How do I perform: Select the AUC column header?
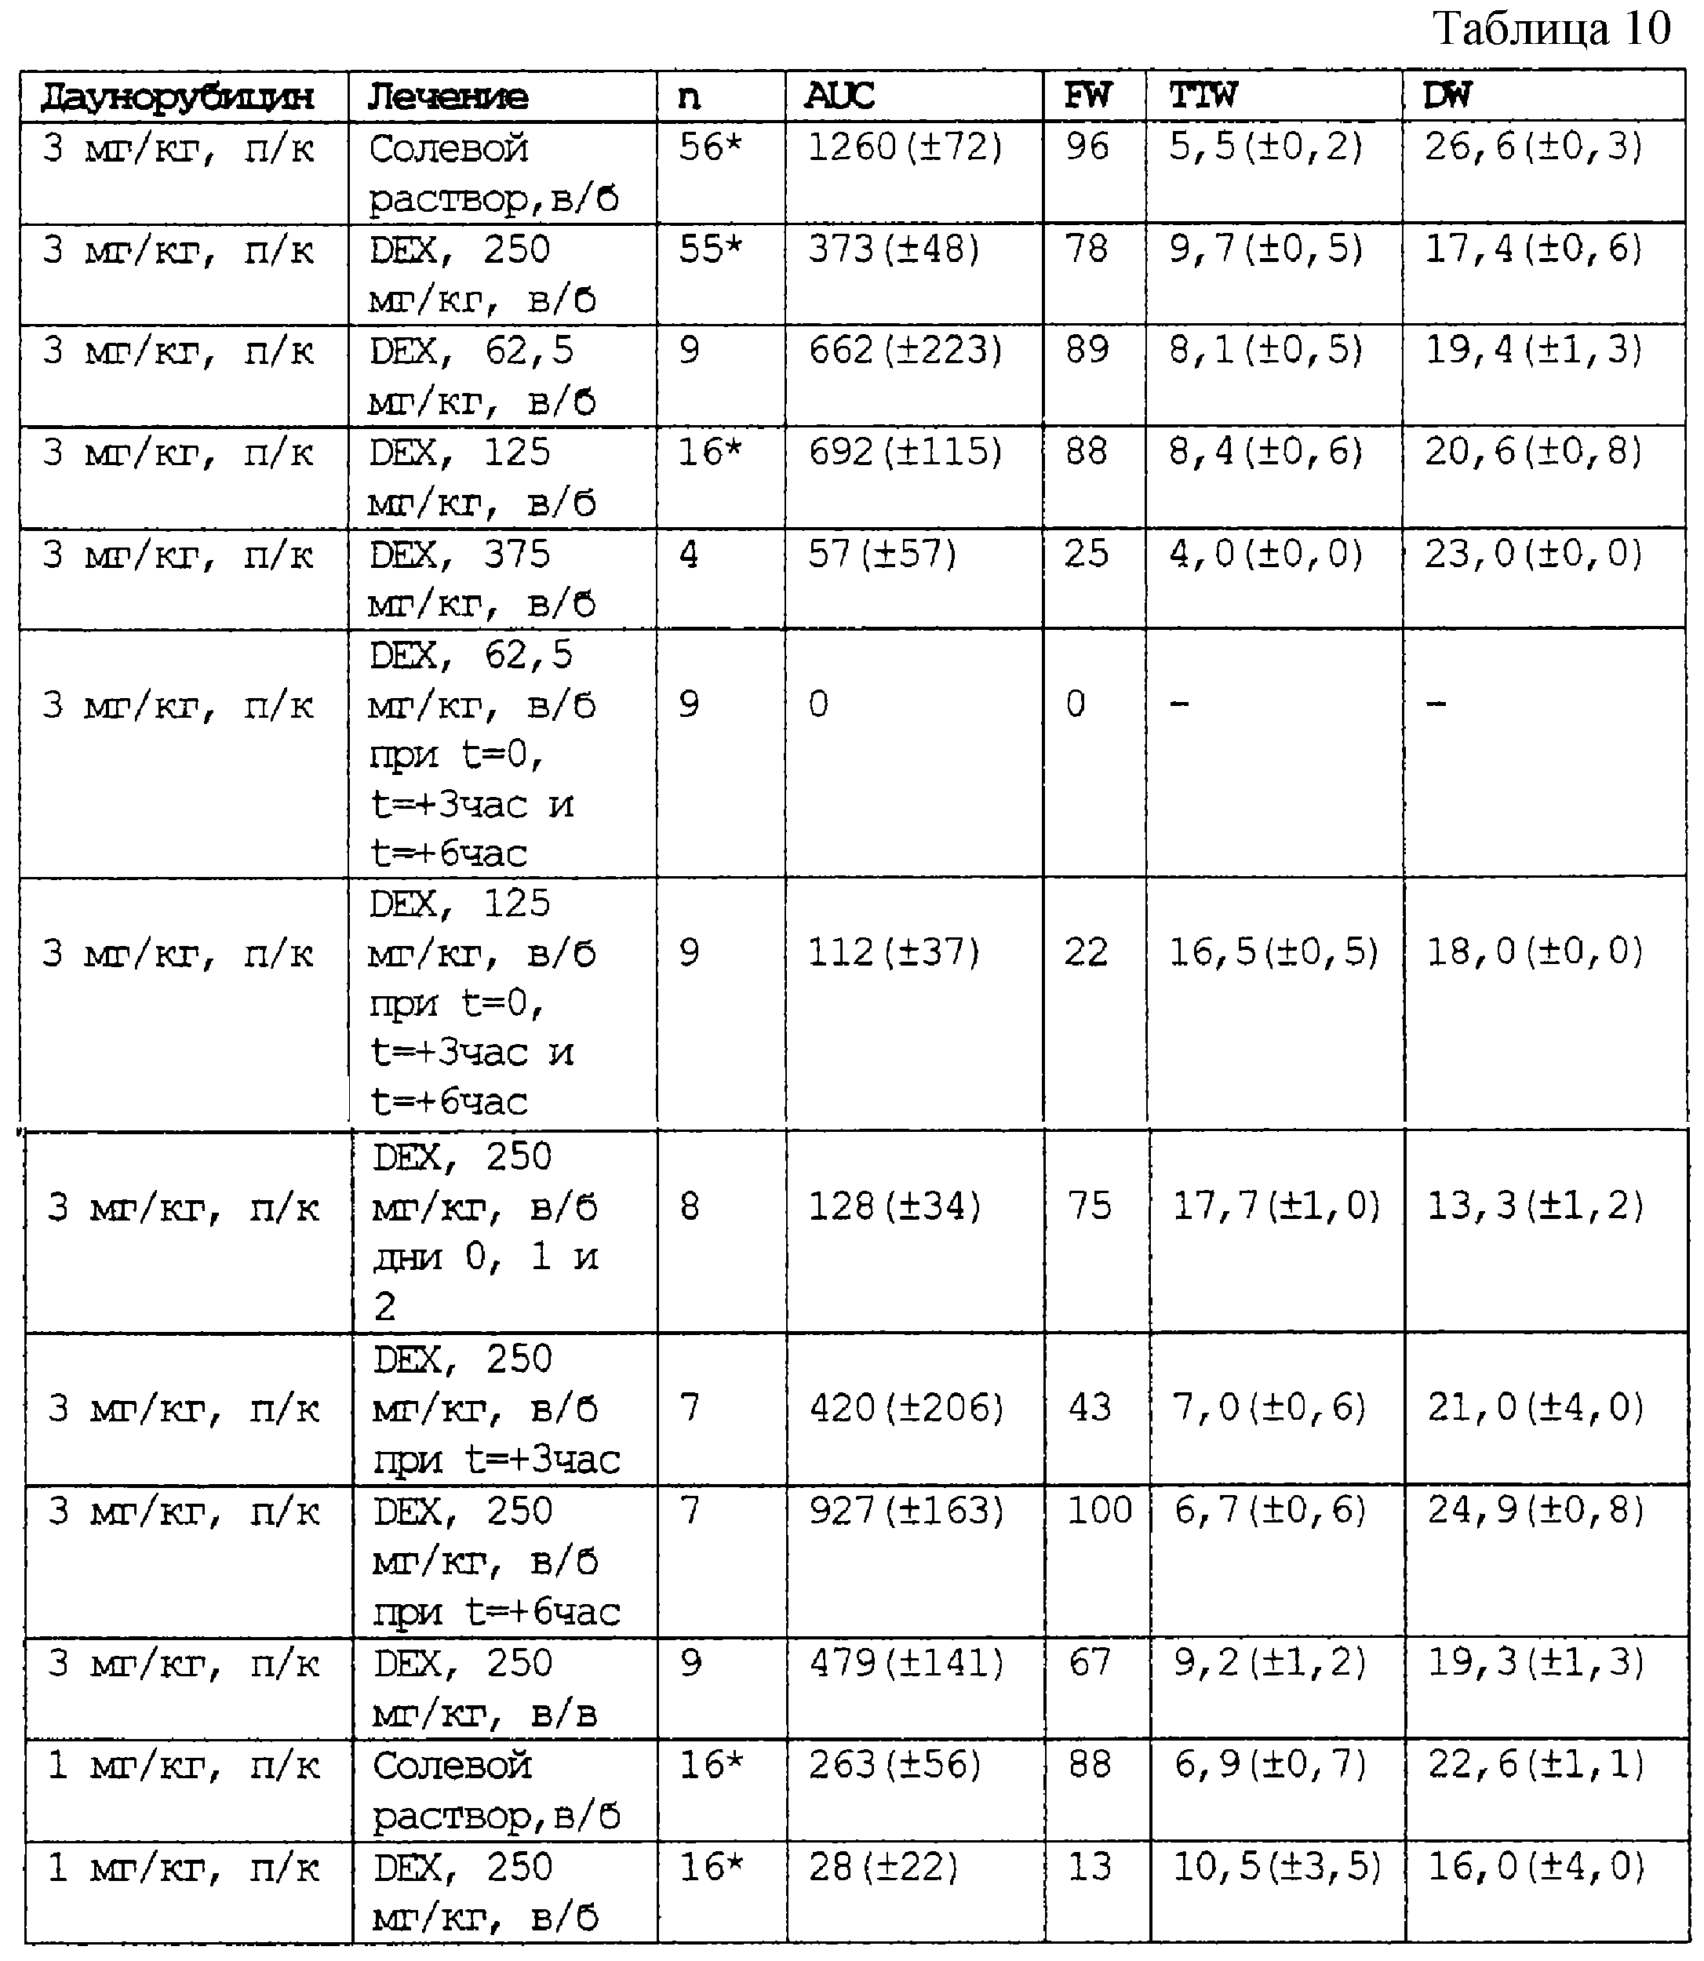839,96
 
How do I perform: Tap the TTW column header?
1203,96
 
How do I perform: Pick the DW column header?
1447,96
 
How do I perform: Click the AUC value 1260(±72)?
905,147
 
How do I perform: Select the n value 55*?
709,249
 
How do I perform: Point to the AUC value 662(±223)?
905,351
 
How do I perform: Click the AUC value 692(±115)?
905,453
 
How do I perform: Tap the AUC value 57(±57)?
882,554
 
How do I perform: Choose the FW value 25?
1086,554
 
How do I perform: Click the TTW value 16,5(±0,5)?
1273,952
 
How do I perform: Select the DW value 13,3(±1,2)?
1535,1206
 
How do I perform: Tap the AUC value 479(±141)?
906,1662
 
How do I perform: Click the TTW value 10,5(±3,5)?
1276,1867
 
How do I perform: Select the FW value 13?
1090,1867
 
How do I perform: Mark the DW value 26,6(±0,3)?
1533,147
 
